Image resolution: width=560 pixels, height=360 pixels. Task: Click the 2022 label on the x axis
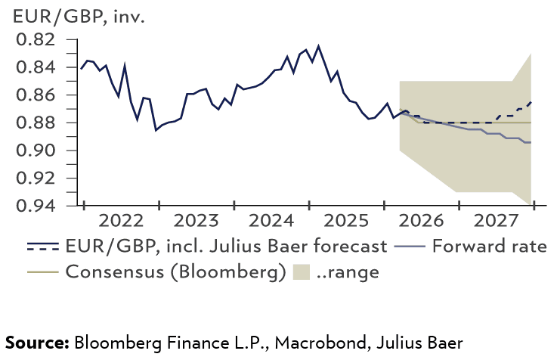click(121, 222)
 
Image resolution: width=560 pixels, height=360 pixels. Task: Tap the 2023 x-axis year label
click(196, 222)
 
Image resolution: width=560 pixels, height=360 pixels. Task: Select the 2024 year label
click(271, 222)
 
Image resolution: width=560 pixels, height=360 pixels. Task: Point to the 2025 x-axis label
click(346, 222)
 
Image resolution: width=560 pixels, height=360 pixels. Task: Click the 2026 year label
click(421, 222)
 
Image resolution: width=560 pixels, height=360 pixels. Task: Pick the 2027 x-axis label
click(496, 222)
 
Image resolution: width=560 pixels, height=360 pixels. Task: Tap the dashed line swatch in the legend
click(43, 247)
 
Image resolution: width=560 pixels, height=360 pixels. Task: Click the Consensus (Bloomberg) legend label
click(175, 271)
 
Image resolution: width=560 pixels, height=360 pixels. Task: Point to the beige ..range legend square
click(300, 271)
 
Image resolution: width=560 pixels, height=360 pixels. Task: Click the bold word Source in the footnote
click(37, 342)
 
